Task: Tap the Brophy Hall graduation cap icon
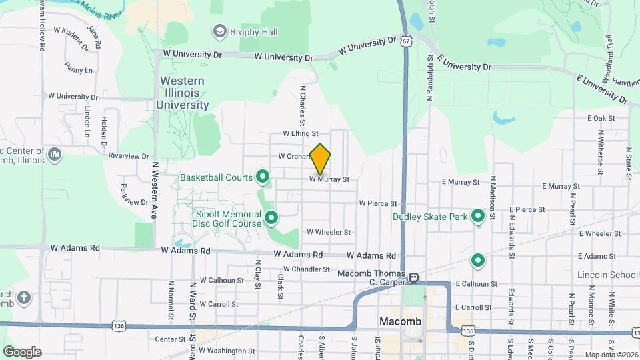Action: (218, 31)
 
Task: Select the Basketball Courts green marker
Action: (263, 177)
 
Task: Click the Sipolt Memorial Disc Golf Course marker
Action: (271, 217)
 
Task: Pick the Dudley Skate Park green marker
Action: (478, 216)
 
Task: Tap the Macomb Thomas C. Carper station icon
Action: (414, 277)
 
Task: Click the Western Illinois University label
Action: (182, 93)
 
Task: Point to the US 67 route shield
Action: (406, 41)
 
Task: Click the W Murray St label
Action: (329, 179)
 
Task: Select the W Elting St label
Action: (301, 133)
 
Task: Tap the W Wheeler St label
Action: (329, 232)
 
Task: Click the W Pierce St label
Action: (378, 203)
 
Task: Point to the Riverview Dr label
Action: (129, 156)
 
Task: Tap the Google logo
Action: (22, 351)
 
